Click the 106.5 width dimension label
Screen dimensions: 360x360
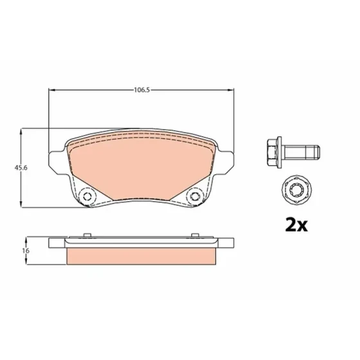click(x=141, y=90)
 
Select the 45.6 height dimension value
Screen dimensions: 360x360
click(x=21, y=168)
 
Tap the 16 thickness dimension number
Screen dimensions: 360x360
click(x=26, y=251)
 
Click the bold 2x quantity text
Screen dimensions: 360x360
click(x=296, y=225)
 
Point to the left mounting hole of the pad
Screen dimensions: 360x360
click(x=87, y=196)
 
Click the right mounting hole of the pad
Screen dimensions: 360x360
click(x=195, y=196)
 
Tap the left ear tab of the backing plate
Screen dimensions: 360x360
click(x=57, y=161)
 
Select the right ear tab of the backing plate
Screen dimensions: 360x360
click(x=226, y=161)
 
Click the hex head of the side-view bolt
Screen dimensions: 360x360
click(x=273, y=152)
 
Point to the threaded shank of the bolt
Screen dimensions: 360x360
click(x=301, y=152)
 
